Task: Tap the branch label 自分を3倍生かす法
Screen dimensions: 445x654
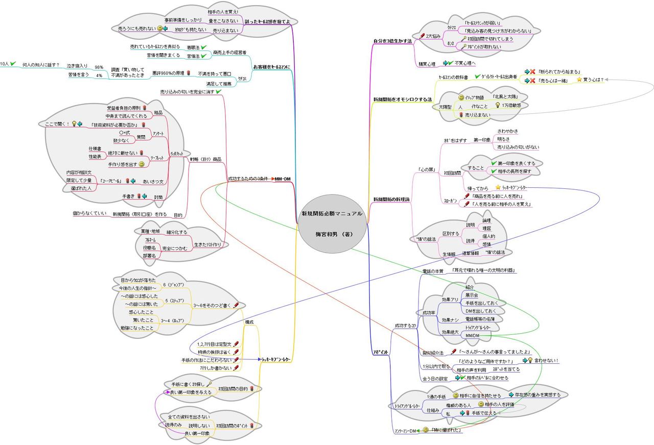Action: coord(392,40)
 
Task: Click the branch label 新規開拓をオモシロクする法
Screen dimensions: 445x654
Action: coord(402,98)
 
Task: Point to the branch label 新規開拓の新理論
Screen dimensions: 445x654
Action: coord(391,199)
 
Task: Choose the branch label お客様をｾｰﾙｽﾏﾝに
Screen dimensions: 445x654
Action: coord(271,66)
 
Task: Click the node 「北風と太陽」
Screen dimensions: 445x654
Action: coord(505,96)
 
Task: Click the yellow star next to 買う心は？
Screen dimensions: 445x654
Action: coord(579,80)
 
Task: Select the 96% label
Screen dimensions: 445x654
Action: coord(99,67)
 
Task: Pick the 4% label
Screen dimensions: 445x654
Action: coord(99,75)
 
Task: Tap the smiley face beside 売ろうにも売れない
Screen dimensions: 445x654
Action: coord(160,29)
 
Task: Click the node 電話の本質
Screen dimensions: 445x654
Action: coord(433,271)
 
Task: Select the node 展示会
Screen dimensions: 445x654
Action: coord(472,295)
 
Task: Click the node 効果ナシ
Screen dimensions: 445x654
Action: coord(450,319)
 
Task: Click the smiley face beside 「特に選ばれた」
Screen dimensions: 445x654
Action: coord(425,430)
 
